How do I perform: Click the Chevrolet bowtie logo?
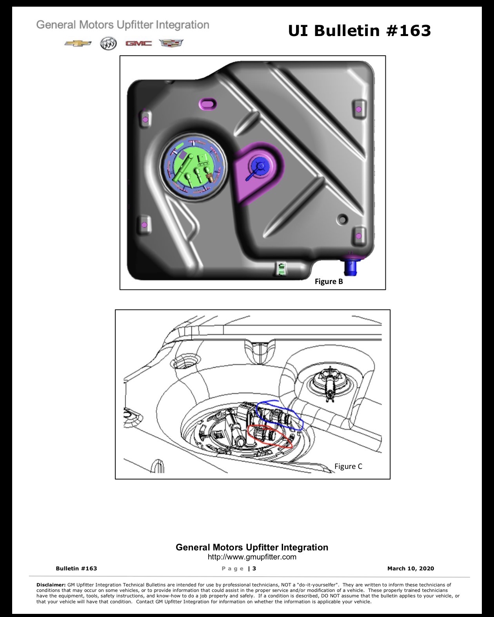[x=78, y=43]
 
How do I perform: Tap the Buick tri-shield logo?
[x=108, y=43]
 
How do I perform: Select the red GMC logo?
[x=138, y=43]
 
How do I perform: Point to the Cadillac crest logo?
[x=171, y=43]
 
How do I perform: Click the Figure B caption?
[x=329, y=281]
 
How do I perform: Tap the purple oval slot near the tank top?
[x=207, y=103]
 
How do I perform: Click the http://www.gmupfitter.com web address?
[x=252, y=557]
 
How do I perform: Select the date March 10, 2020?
[x=410, y=568]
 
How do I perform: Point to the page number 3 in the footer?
[x=254, y=568]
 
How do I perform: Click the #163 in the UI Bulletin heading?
[x=409, y=31]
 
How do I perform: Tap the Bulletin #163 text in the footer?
[x=76, y=568]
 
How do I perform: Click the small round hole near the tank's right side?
[x=342, y=219]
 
